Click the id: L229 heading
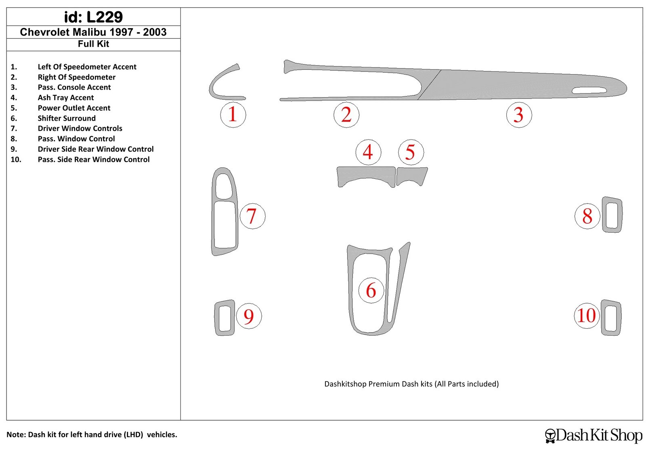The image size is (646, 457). (x=93, y=17)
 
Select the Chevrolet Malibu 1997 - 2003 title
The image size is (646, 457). (x=93, y=32)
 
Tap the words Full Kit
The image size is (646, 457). (x=93, y=44)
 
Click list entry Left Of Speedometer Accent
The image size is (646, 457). (x=87, y=67)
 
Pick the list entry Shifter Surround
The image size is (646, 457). (x=67, y=118)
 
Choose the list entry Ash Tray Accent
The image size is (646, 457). (x=66, y=98)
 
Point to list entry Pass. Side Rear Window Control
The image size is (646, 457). (x=94, y=159)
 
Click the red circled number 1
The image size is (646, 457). (x=233, y=115)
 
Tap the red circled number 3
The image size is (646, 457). (x=519, y=115)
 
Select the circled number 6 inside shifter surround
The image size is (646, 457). (x=371, y=290)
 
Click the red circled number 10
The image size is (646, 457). (x=586, y=315)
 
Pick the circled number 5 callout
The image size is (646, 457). (x=411, y=152)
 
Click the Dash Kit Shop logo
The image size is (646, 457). (x=594, y=435)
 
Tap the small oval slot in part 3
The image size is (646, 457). (x=589, y=90)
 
